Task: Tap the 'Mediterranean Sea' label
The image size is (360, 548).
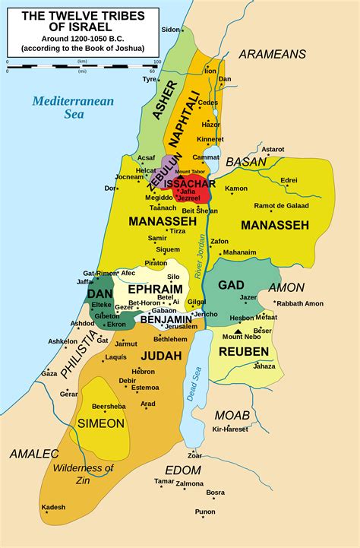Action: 63,106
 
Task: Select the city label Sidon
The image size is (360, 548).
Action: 170,30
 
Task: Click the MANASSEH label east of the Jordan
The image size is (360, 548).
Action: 274,225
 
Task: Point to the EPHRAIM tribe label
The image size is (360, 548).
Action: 155,290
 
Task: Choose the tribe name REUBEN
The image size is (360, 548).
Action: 244,351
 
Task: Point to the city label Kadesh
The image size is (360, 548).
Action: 53,508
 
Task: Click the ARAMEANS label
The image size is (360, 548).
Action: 272,54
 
